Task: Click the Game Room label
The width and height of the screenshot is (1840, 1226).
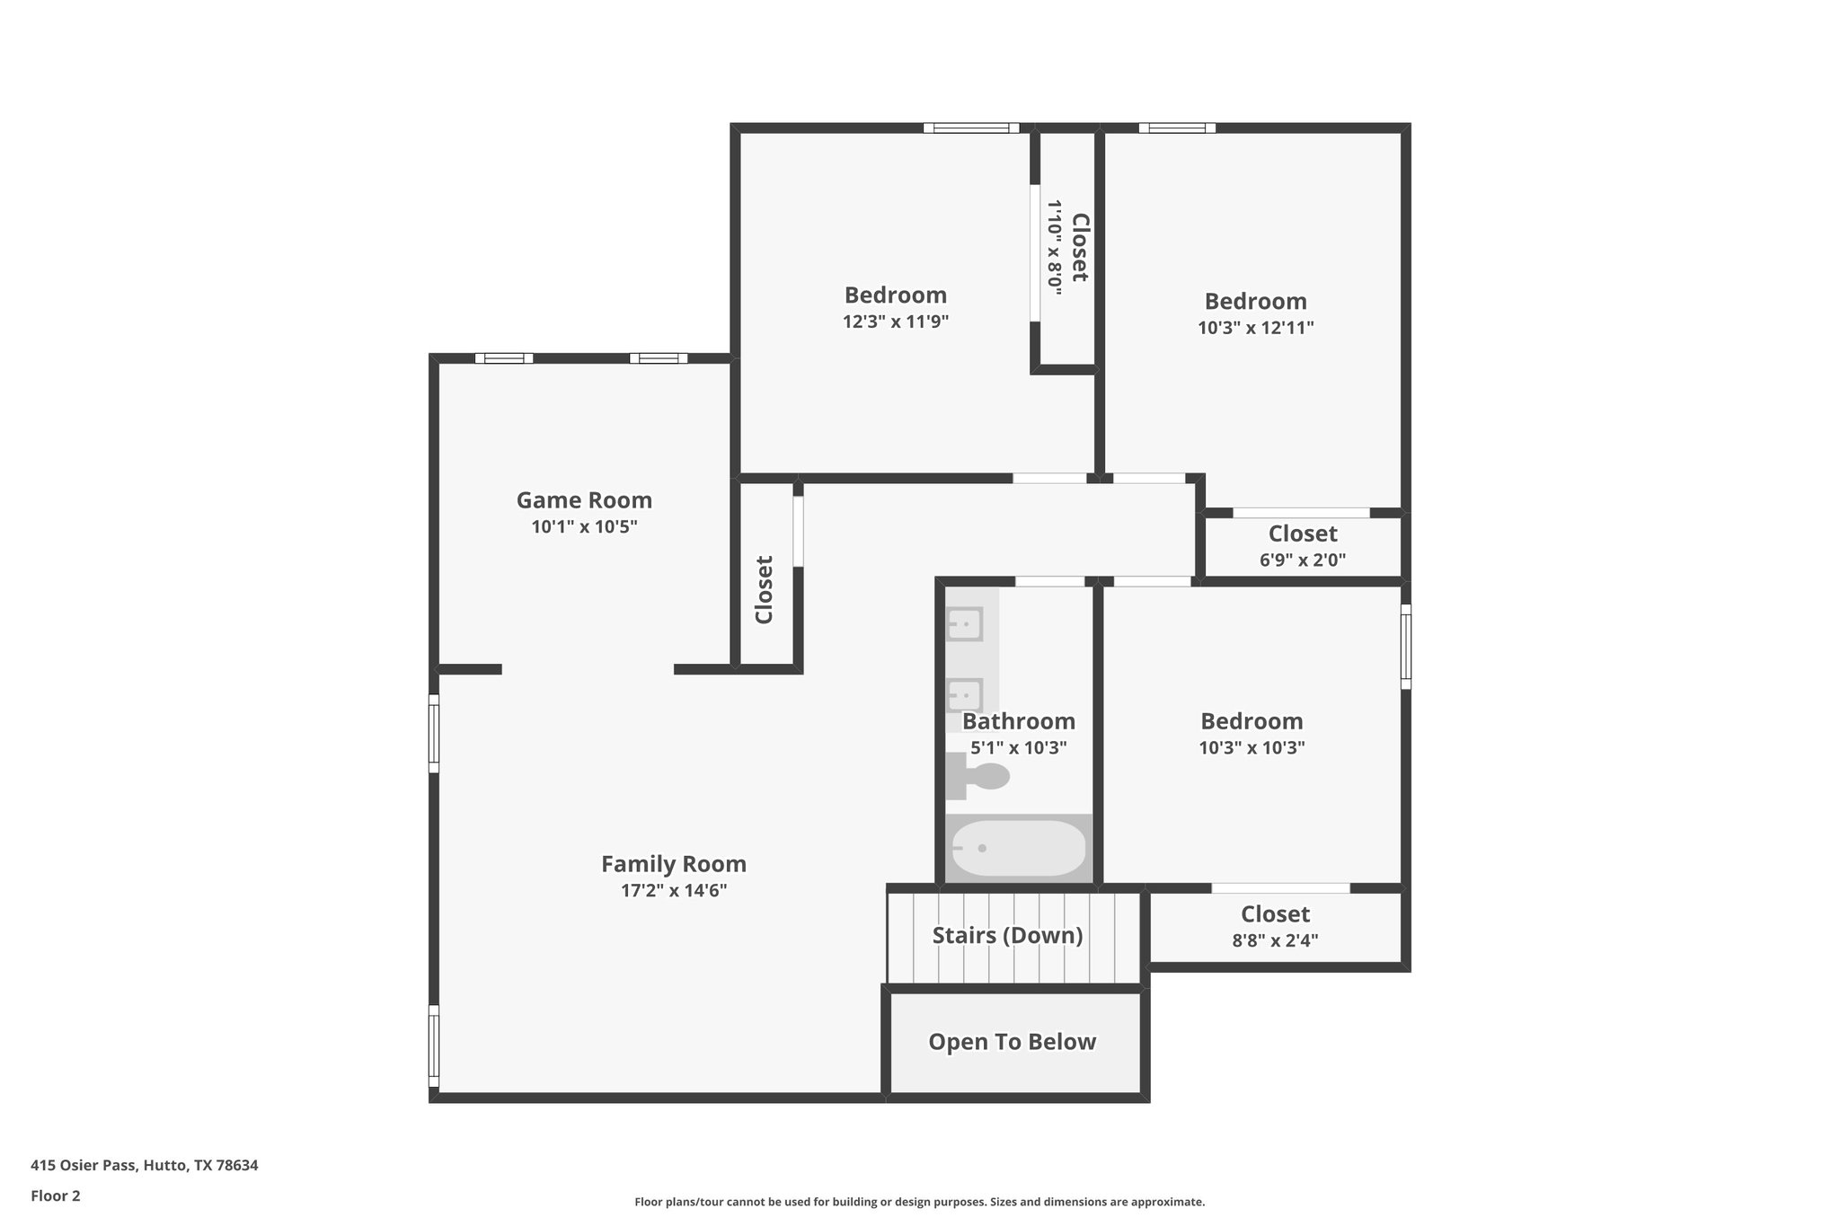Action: [x=584, y=500]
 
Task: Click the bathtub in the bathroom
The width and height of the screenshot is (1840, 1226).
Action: [x=1018, y=848]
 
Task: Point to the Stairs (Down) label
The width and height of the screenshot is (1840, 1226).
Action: [x=1007, y=935]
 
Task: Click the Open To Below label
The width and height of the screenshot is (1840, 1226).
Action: [x=1012, y=1042]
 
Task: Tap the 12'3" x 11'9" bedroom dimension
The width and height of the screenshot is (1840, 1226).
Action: [x=896, y=322]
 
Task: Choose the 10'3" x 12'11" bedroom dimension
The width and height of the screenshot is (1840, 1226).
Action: [x=1255, y=328]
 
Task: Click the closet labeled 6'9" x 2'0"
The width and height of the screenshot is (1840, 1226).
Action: [x=1302, y=545]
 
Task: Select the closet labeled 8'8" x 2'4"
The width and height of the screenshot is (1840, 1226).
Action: [x=1275, y=926]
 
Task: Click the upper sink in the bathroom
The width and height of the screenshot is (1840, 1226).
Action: [x=965, y=623]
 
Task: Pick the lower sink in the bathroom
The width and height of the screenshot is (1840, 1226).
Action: [x=965, y=694]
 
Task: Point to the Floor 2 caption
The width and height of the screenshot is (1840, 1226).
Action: [x=56, y=1195]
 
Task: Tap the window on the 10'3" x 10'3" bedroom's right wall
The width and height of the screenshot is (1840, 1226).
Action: [x=1406, y=647]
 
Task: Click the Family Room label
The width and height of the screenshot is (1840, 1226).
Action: [x=673, y=864]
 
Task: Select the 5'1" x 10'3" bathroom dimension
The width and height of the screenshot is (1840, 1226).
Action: [x=1019, y=747]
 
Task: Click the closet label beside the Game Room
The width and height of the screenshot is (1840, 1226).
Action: [x=765, y=589]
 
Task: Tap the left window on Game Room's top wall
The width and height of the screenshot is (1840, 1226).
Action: [x=504, y=358]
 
